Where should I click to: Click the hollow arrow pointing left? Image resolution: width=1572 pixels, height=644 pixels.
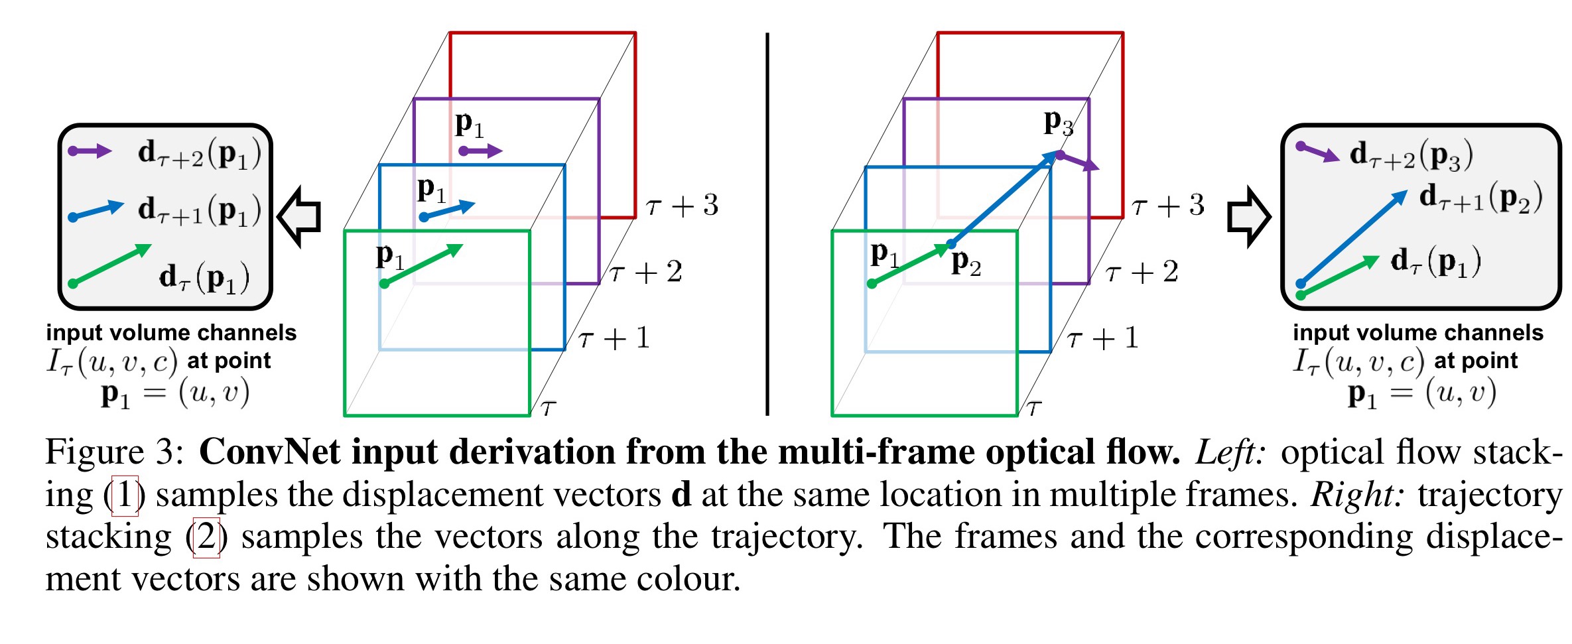point(299,216)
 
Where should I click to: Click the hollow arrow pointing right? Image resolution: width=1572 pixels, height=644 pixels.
point(1249,217)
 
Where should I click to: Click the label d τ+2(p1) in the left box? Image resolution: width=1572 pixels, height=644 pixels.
point(199,154)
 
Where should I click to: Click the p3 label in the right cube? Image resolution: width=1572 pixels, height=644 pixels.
point(1058,123)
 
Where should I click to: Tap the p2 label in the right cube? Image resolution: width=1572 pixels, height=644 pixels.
point(966,263)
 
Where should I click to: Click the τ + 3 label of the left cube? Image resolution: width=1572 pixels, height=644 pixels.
point(683,206)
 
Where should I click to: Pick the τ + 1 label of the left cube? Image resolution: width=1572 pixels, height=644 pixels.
point(614,338)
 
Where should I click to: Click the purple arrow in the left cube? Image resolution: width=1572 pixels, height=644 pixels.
point(480,151)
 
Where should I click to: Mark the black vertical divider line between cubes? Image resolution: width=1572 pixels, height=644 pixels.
point(767,224)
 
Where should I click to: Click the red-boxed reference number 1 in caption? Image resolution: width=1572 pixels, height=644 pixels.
point(125,495)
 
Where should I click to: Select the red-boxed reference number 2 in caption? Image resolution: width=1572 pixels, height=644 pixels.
point(206,537)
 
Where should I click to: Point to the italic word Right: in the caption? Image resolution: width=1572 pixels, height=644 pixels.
point(1357,495)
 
